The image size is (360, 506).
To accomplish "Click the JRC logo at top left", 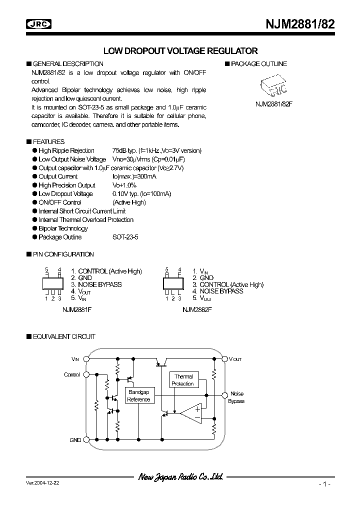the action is pos(40,23).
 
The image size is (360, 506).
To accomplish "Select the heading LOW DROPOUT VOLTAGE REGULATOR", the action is pos(180,50).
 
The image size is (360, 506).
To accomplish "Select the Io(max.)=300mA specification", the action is pos(134,176).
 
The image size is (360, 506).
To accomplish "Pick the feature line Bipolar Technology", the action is pos(63,228).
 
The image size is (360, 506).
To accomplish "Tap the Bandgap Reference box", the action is pos(138,396).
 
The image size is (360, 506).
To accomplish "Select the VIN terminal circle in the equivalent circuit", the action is pos(86,359).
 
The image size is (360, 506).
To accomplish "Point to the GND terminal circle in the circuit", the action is pos(86,440).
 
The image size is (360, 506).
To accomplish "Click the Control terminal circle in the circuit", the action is pos(86,374).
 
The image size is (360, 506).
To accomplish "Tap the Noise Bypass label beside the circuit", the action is pos(236,397).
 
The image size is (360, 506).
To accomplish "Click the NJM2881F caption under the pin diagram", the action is pos(76,309).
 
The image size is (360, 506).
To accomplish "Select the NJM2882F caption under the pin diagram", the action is pos(197,309).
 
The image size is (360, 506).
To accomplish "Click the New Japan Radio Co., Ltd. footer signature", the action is pos(180,477).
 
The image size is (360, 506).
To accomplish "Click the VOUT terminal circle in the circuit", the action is pos(225,359).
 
